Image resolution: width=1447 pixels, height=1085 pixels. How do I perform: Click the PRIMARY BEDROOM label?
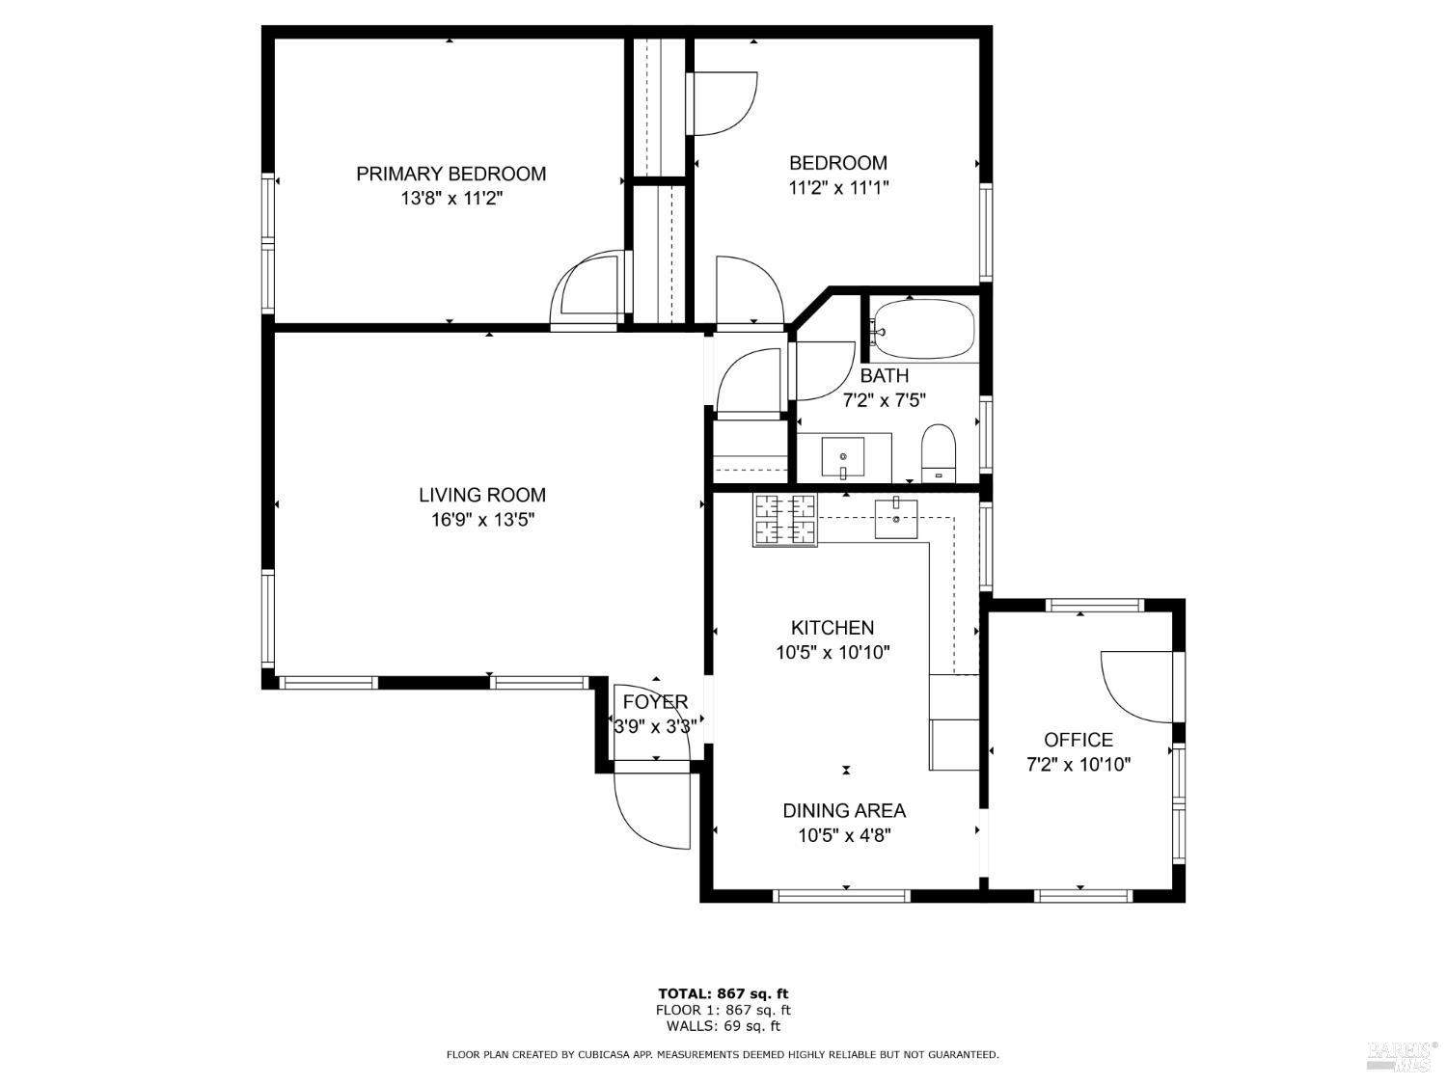[x=450, y=174]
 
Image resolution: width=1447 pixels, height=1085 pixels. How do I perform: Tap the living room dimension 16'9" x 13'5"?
[x=482, y=520]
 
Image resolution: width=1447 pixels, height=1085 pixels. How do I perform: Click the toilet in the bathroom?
[x=938, y=453]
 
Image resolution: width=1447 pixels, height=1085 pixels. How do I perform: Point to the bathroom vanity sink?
[x=843, y=456]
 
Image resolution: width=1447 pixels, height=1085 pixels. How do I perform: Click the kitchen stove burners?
[x=785, y=520]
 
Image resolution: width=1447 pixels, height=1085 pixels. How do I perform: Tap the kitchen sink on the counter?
[x=897, y=519]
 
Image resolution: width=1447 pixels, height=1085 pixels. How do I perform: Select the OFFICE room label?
[x=1078, y=740]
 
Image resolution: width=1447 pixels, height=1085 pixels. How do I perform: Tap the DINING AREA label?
[x=844, y=810]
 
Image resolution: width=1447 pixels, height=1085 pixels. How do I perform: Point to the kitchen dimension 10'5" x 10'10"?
[x=833, y=652]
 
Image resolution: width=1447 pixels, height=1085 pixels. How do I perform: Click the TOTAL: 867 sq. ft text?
[x=723, y=993]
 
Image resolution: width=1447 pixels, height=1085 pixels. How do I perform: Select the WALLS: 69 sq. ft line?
[x=723, y=1026]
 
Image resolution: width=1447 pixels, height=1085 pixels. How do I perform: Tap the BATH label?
[x=884, y=375]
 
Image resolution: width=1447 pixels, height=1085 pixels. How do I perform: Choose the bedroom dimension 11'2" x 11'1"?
[x=838, y=188]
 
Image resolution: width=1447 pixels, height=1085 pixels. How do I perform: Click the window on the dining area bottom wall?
[x=843, y=896]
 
